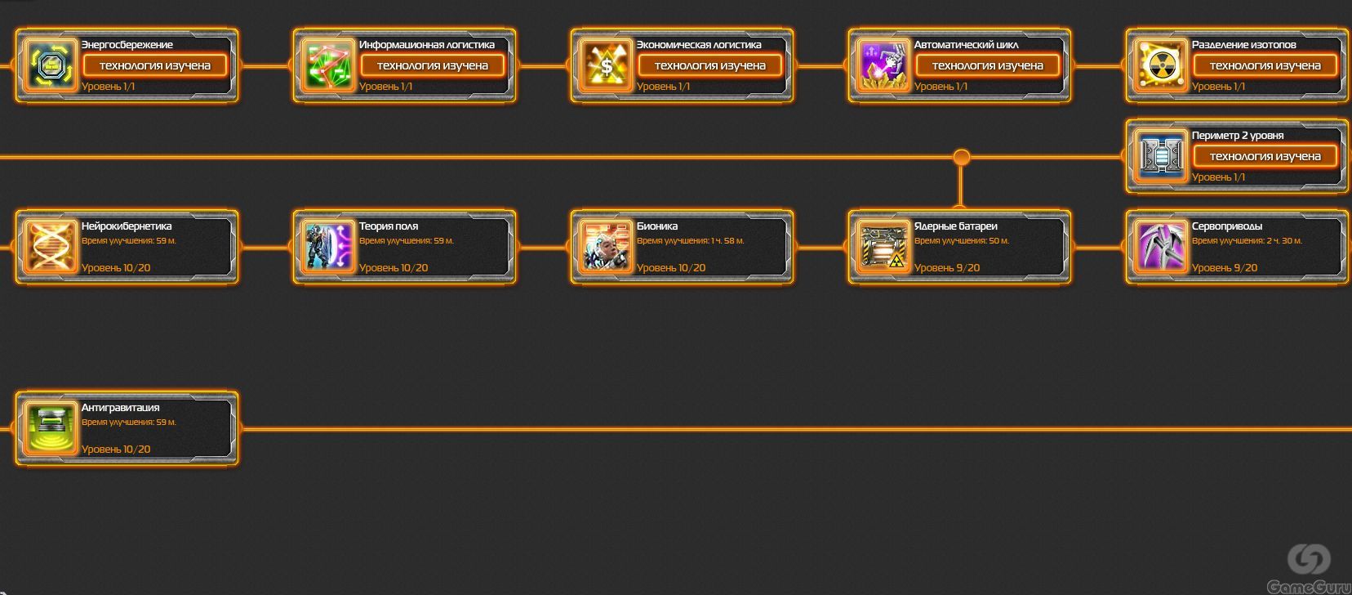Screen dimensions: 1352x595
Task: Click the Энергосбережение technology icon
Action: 51,65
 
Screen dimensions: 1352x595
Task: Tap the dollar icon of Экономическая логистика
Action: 606,65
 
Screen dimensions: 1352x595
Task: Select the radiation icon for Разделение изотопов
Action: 1161,65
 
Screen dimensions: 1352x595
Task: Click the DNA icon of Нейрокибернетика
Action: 51,247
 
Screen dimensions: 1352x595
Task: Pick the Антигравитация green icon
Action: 51,427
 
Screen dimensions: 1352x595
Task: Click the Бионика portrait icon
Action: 606,247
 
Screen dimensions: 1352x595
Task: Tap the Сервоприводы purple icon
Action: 1161,247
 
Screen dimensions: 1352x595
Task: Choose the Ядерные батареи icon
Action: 883,247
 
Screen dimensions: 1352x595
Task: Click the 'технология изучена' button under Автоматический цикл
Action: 987,65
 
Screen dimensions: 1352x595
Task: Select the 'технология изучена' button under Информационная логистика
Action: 432,65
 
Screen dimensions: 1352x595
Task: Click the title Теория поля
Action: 389,226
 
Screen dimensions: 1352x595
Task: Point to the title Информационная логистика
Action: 427,45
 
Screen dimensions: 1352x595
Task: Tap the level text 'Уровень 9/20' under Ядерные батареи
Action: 947,267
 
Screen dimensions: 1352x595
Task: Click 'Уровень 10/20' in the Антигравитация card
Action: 116,449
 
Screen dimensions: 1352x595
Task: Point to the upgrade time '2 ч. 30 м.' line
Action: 1247,240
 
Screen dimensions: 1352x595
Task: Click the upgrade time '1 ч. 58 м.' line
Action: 691,240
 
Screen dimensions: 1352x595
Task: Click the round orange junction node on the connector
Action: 962,157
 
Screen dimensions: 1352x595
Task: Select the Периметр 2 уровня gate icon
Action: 1161,156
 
